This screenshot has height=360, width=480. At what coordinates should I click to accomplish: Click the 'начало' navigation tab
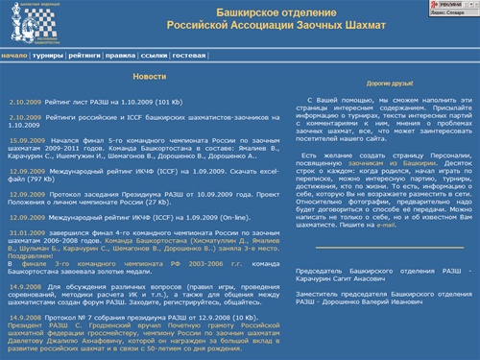[x=13, y=56]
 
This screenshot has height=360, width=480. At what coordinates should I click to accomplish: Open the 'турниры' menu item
[x=47, y=56]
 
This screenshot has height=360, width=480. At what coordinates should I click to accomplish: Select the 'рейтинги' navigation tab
[x=84, y=56]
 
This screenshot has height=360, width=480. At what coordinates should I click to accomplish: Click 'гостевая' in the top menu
[x=190, y=56]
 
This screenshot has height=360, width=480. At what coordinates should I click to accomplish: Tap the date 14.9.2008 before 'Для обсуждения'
[x=26, y=286]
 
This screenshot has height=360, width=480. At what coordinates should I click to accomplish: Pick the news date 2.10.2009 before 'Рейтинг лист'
[x=27, y=100]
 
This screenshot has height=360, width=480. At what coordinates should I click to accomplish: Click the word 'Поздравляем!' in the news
[x=28, y=257]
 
